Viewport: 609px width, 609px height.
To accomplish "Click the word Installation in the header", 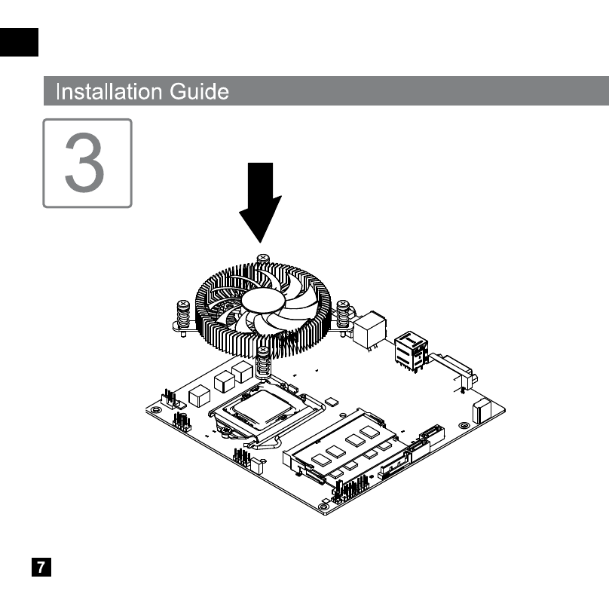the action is click(x=109, y=92).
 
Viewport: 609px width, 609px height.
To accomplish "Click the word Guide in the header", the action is click(x=199, y=92).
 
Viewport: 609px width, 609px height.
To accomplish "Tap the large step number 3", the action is click(x=84, y=162).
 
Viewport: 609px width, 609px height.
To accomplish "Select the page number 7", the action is click(x=41, y=567).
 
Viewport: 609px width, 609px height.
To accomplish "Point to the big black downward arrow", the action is click(x=260, y=202).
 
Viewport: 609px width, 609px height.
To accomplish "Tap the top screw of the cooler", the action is click(x=263, y=259).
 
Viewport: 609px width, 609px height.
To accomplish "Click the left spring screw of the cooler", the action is click(x=183, y=317).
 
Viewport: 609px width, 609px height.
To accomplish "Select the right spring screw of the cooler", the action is click(x=343, y=317).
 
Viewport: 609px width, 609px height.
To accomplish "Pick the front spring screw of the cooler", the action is click(x=263, y=363).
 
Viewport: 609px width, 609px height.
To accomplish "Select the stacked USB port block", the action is click(x=412, y=350).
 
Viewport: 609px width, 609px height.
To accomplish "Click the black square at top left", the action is click(x=19, y=42).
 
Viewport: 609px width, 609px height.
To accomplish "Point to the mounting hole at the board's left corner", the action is click(x=156, y=409).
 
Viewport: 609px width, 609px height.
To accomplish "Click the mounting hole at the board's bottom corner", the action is click(x=323, y=506).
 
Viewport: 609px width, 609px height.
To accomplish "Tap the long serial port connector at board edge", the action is click(x=454, y=370).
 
